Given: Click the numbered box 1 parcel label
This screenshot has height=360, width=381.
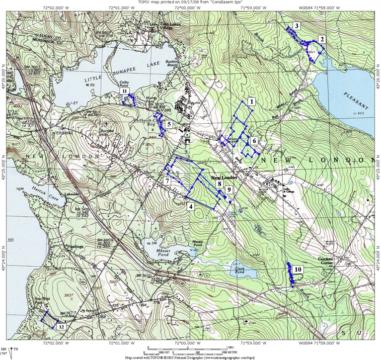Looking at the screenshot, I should [x=252, y=102].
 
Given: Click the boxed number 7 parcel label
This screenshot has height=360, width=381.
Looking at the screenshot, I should [x=167, y=181].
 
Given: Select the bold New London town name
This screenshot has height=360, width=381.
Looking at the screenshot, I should [x=222, y=178].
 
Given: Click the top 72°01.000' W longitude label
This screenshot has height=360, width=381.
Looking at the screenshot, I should [x=117, y=8].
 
